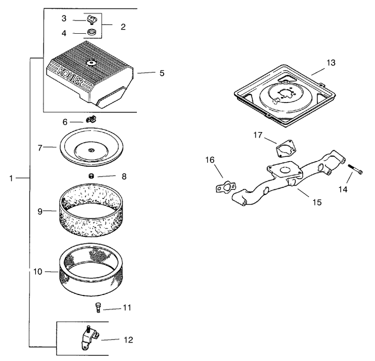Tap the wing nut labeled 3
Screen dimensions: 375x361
pyautogui.click(x=91, y=19)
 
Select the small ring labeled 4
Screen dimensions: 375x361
pyautogui.click(x=91, y=32)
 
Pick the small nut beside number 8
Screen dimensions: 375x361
pyautogui.click(x=91, y=177)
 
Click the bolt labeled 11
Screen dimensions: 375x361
pyautogui.click(x=98, y=307)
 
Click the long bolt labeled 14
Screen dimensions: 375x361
pyautogui.click(x=355, y=169)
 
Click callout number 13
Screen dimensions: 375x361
pyautogui.click(x=331, y=63)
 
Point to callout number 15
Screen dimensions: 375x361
pyautogui.click(x=317, y=202)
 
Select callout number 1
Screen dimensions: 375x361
pyautogui.click(x=11, y=178)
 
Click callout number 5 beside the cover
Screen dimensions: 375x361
pyautogui.click(x=162, y=73)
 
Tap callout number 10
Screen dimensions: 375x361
pyautogui.click(x=37, y=272)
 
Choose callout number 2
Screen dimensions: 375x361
pyautogui.click(x=123, y=27)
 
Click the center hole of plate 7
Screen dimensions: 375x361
pyautogui.click(x=91, y=150)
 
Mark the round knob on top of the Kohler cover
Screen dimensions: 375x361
pyautogui.click(x=91, y=63)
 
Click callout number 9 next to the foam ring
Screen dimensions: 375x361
pyautogui.click(x=40, y=212)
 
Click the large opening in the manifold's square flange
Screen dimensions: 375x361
pyautogui.click(x=285, y=170)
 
